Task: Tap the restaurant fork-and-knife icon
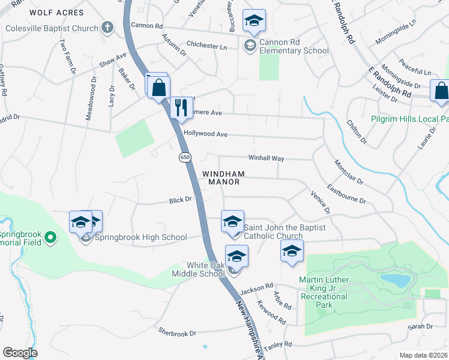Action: (181, 107)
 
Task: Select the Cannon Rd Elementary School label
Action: (295, 47)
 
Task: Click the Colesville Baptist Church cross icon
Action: (107, 27)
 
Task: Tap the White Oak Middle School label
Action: (197, 269)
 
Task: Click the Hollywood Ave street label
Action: (206, 134)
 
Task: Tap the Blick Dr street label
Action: (180, 199)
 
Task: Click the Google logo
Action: (20, 353)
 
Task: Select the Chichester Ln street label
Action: (206, 46)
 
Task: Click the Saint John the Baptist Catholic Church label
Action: (285, 232)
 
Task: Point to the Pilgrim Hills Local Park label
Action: (409, 119)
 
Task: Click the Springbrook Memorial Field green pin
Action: (51, 237)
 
